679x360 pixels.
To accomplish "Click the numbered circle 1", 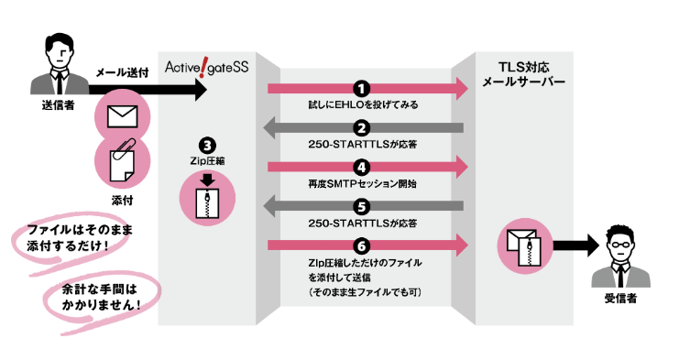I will [363, 89].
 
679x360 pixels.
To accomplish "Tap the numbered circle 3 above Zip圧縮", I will [208, 145].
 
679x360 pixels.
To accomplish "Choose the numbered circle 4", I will [363, 168].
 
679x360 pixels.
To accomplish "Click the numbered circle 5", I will [363, 206].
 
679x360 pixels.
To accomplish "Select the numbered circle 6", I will [363, 245].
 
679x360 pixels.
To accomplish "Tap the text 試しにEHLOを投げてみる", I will [363, 105].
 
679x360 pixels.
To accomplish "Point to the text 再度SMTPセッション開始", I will [363, 184].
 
